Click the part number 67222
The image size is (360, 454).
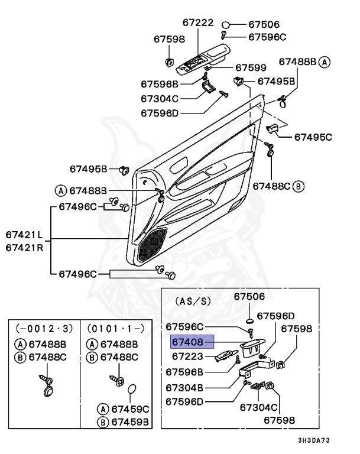click(x=197, y=22)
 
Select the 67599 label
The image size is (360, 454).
click(x=251, y=68)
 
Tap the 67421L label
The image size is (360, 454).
click(x=25, y=234)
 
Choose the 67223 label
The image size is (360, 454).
click(x=187, y=356)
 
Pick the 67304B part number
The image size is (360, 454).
click(x=184, y=387)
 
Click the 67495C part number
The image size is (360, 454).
click(x=313, y=137)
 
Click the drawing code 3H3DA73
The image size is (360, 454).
click(x=314, y=440)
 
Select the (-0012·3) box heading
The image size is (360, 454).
click(x=41, y=327)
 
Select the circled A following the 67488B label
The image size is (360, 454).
click(x=326, y=61)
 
